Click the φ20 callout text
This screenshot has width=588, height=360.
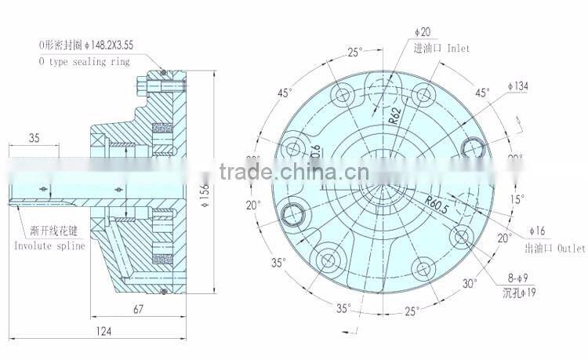click(x=423, y=31)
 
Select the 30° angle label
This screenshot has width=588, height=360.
click(x=470, y=283)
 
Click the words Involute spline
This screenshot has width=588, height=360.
click(x=49, y=245)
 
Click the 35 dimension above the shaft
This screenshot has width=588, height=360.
click(x=33, y=138)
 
